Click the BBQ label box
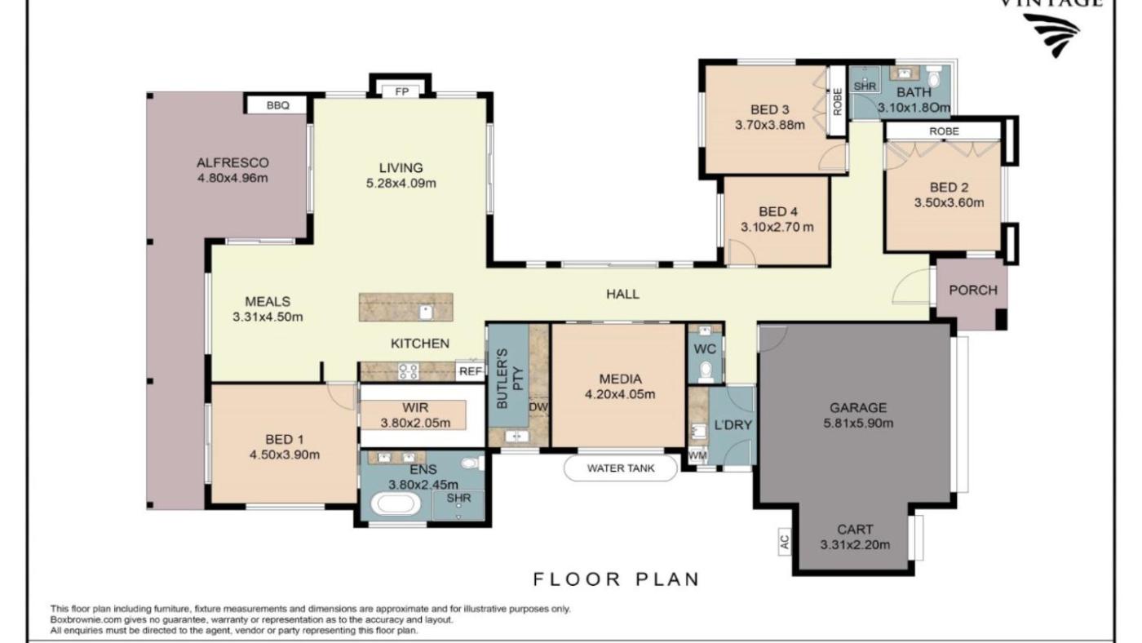click(x=277, y=105)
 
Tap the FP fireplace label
click(x=401, y=91)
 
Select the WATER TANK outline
click(x=621, y=468)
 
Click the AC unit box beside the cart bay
click(x=784, y=541)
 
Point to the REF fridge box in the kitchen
click(x=470, y=371)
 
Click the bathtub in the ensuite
click(x=396, y=504)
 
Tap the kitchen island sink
click(x=426, y=312)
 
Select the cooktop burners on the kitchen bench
click(x=409, y=371)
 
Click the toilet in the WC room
click(x=706, y=371)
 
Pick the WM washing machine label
click(x=697, y=455)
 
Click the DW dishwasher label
click(x=538, y=407)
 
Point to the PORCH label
click(x=972, y=290)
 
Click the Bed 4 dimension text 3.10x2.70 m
click(x=777, y=228)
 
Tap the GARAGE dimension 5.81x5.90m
click(x=858, y=423)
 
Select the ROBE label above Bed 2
click(x=944, y=131)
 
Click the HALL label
click(x=622, y=294)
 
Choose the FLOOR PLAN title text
click(x=617, y=579)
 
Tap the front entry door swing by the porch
click(x=911, y=286)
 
